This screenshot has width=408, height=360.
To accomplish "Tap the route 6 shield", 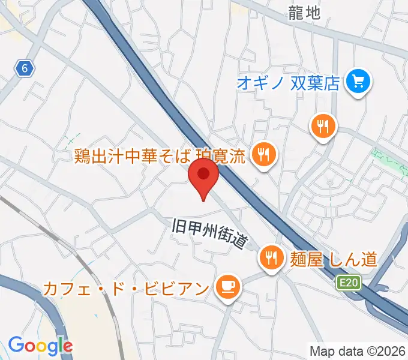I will click(x=23, y=69).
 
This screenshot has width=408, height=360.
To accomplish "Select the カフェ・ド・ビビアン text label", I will click(x=125, y=288).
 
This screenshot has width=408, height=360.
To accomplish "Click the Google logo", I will click(x=40, y=346).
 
